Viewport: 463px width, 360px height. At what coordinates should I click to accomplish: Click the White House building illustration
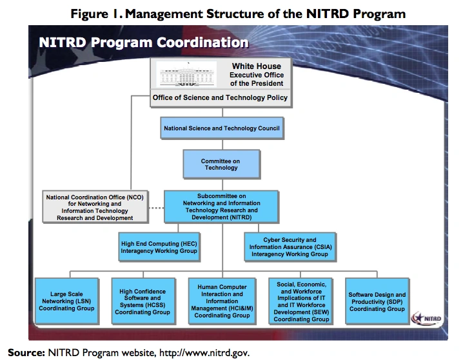pyautogui.click(x=186, y=74)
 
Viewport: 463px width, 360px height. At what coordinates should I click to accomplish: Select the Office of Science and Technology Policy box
pyautogui.click(x=221, y=98)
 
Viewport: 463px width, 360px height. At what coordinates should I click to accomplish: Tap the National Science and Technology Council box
pyautogui.click(x=222, y=128)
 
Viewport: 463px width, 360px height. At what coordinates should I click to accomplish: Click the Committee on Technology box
pyautogui.click(x=221, y=165)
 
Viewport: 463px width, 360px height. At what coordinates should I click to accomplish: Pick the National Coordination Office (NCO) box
pyautogui.click(x=95, y=207)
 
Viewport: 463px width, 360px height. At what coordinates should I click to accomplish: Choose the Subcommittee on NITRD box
pyautogui.click(x=221, y=206)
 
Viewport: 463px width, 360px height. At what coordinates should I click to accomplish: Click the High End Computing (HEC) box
pyautogui.click(x=159, y=247)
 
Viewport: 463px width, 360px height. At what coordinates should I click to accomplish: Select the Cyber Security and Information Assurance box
pyautogui.click(x=290, y=247)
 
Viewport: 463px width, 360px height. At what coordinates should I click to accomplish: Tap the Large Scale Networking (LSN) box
pyautogui.click(x=66, y=301)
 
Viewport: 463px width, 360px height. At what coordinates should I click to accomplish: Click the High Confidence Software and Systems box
pyautogui.click(x=143, y=301)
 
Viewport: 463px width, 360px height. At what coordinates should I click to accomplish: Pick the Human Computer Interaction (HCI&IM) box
pyautogui.click(x=222, y=301)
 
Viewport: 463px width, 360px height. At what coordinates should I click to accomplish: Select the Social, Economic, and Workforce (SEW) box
pyautogui.click(x=301, y=301)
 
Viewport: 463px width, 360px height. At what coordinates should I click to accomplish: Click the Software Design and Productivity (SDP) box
pyautogui.click(x=377, y=301)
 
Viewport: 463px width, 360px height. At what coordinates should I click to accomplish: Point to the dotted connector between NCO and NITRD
pyautogui.click(x=156, y=208)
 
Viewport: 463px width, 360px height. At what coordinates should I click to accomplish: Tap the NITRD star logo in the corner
pyautogui.click(x=427, y=318)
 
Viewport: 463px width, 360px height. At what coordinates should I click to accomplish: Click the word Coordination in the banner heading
pyautogui.click(x=202, y=43)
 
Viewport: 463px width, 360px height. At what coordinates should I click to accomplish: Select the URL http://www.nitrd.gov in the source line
pyautogui.click(x=204, y=353)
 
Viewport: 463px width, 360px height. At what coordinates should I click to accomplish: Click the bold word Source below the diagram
pyautogui.click(x=26, y=353)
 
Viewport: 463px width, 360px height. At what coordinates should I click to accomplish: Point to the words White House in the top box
pyautogui.click(x=256, y=66)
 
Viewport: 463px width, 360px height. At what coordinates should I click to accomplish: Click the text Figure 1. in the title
pyautogui.click(x=96, y=14)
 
